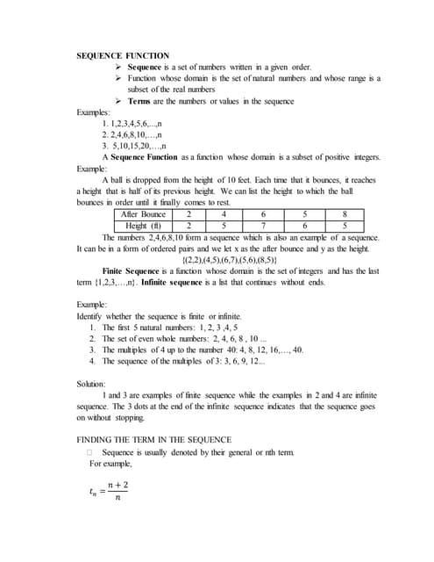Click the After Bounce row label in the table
(x=143, y=213)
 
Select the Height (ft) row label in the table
(x=143, y=225)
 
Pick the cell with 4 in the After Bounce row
(x=225, y=213)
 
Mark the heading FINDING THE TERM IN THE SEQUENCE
(x=154, y=439)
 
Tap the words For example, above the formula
(x=110, y=463)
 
